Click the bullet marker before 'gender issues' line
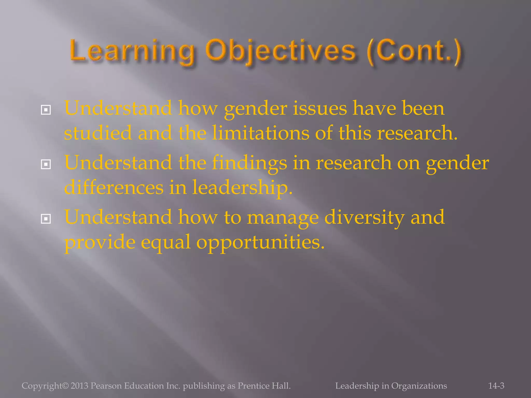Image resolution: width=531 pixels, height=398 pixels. (46, 110)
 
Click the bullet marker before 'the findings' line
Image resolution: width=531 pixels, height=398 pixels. (46, 164)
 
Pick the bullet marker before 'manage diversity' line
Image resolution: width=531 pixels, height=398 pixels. (46, 219)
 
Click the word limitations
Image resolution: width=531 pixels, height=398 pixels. (261, 133)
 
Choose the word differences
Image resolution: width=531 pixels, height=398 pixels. (114, 187)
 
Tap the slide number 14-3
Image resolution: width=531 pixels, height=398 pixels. (496, 386)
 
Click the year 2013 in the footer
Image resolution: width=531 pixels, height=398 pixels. (79, 386)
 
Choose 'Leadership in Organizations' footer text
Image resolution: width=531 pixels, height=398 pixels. (391, 386)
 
